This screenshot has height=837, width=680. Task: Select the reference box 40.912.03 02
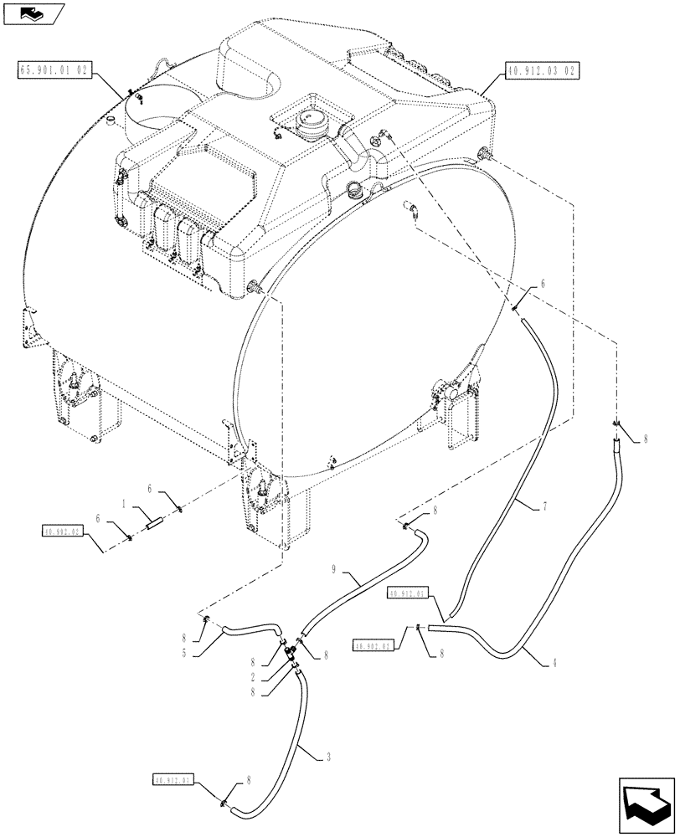tap(537, 70)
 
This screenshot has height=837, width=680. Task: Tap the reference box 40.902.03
tap(61, 530)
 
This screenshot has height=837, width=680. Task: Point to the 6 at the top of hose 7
tap(542, 285)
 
